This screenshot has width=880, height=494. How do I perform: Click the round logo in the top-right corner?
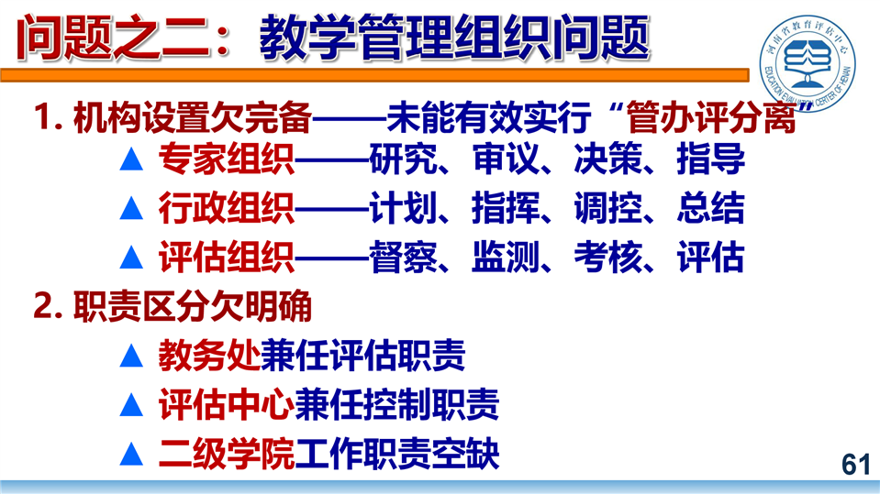(808, 63)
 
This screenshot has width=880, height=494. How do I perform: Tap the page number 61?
(856, 465)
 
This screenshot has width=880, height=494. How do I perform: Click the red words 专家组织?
(226, 159)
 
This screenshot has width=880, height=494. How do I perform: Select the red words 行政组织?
(226, 209)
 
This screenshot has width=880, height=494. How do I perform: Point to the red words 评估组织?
(226, 258)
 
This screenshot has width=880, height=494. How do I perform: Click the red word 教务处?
(209, 356)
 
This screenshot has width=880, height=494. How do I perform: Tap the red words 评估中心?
(226, 404)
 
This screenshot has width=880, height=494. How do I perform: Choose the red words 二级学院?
(226, 454)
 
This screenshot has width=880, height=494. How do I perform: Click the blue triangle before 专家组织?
(131, 159)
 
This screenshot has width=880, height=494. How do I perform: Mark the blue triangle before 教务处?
(131, 356)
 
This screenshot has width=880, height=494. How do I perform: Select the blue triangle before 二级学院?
(131, 455)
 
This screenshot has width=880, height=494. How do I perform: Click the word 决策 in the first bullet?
(607, 159)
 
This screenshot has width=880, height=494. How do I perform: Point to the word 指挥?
(506, 209)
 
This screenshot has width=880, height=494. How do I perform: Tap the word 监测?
(506, 258)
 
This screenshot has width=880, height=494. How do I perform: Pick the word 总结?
(710, 209)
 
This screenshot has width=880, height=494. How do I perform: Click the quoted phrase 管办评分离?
(710, 117)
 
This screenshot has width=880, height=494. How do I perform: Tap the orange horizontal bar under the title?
(374, 75)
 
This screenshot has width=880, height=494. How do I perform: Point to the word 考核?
(607, 258)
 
